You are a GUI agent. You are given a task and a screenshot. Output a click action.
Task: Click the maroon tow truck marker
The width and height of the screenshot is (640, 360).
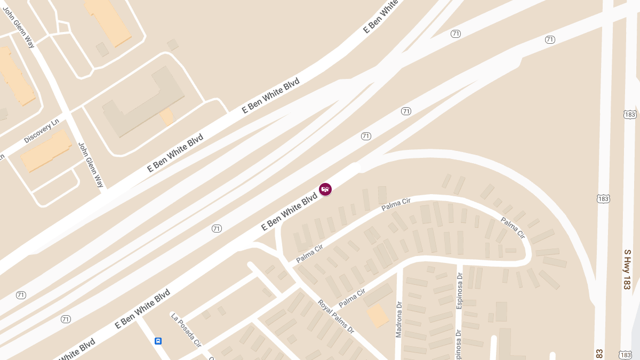325,189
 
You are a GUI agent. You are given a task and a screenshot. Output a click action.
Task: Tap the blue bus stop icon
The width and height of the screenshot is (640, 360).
158,341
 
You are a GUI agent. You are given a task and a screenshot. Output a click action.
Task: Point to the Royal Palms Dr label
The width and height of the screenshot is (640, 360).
336,317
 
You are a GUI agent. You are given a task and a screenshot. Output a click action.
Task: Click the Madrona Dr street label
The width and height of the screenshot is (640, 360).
398,319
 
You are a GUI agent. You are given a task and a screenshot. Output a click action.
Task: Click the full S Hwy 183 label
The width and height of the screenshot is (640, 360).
627,268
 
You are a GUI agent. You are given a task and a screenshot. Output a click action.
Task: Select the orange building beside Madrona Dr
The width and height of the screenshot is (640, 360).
378,315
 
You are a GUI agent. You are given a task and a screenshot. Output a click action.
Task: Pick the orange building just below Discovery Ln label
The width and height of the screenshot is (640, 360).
46,151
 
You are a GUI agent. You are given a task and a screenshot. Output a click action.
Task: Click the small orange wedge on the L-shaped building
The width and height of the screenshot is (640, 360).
167,116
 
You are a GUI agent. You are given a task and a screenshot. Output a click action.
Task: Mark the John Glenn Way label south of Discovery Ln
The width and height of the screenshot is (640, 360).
91,164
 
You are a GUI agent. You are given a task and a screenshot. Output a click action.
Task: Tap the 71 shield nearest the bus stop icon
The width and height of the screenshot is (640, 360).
66,319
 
